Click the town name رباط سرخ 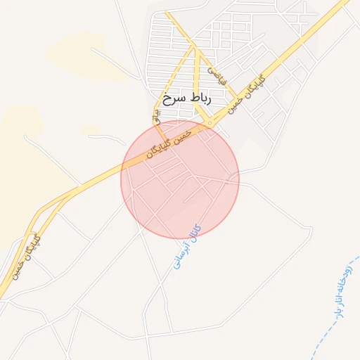pos(186,98)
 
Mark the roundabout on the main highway pos(210,124)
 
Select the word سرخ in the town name pos(172,98)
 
